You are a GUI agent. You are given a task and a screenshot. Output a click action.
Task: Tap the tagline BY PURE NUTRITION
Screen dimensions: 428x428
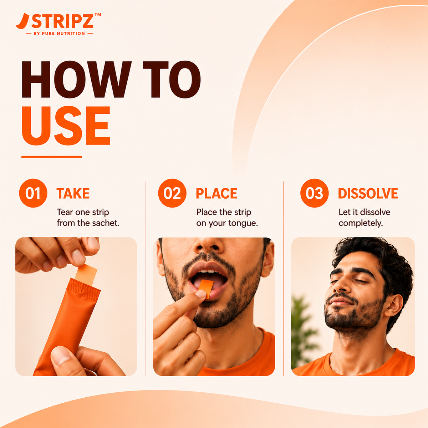[59, 34]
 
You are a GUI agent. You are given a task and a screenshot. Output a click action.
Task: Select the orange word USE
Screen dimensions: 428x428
[66, 126]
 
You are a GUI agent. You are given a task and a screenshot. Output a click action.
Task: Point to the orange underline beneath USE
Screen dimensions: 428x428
[52, 157]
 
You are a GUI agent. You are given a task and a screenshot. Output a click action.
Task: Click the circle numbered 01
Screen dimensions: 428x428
[33, 193]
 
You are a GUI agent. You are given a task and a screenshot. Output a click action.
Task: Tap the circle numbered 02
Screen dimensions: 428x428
[172, 193]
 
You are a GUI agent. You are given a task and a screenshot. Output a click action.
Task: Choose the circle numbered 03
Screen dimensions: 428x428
[314, 193]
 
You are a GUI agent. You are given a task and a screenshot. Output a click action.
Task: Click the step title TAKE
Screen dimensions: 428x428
[73, 193]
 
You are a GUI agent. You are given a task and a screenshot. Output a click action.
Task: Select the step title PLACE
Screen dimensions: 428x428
[216, 193]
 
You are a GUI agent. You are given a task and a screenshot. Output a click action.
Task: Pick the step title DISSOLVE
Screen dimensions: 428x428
[368, 193]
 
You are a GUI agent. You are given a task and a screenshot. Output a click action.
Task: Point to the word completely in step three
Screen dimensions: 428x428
[361, 223]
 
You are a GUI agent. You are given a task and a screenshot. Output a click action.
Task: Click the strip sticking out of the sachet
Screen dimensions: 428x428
[86, 274]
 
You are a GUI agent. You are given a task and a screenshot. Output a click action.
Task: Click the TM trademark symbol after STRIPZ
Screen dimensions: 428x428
[98, 15]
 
